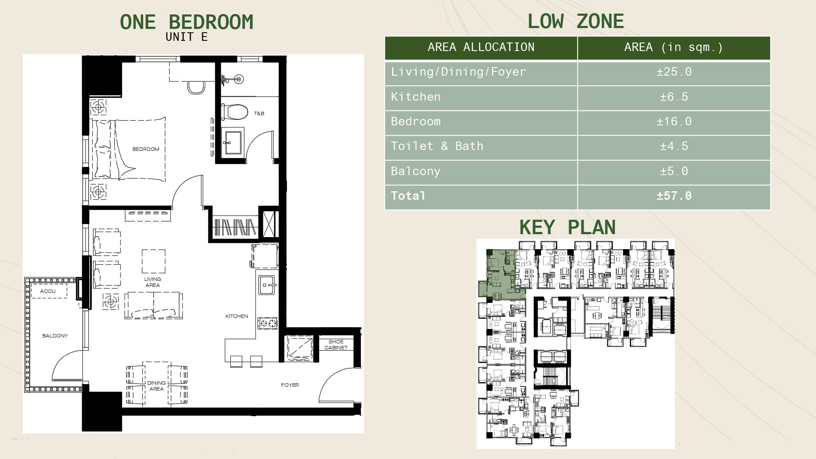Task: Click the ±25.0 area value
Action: (x=674, y=72)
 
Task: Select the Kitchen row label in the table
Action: (x=416, y=97)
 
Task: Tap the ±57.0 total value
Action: (x=674, y=196)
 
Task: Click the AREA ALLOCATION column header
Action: (x=481, y=47)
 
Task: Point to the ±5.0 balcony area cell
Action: (x=674, y=171)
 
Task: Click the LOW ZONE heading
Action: (x=576, y=21)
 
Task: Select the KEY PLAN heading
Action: (x=567, y=227)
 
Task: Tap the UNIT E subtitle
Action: (x=187, y=37)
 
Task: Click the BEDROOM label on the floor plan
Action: (x=146, y=149)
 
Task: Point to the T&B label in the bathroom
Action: (x=259, y=113)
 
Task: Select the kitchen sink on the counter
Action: (x=267, y=285)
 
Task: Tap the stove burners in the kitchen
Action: (x=268, y=323)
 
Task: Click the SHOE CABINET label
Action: (x=336, y=345)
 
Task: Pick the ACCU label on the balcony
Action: (x=48, y=291)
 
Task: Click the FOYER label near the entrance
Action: (x=290, y=385)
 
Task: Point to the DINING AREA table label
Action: (x=156, y=386)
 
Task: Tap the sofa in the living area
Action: (x=154, y=305)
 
